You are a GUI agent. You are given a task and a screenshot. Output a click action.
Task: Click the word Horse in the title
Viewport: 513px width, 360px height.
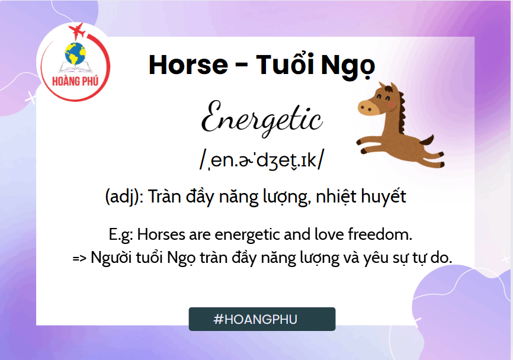pos(188,65)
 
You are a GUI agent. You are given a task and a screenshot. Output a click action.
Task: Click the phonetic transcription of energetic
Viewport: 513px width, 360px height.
pos(261,159)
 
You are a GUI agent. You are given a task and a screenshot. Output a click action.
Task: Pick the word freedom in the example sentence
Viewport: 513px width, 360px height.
pos(380,234)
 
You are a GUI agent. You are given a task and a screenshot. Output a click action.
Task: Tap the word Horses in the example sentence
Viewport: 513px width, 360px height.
pos(161,234)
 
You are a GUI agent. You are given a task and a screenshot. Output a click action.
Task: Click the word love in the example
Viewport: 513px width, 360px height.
pos(329,234)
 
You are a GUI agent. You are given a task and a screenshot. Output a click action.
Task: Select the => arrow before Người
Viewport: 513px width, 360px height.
pos(79,258)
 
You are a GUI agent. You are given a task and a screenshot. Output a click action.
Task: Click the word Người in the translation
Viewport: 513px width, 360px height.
pos(111,258)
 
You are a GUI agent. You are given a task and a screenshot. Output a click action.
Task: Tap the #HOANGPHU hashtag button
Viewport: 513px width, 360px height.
pos(262,319)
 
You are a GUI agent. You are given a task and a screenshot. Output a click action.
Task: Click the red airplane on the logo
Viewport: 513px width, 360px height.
pos(77,31)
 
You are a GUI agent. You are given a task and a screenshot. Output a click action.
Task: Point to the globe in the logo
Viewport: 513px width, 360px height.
pos(75,54)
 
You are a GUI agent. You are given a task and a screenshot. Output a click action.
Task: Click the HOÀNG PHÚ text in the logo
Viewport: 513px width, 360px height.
pos(75,81)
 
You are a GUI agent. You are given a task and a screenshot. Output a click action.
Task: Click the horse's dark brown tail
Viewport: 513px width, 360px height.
pos(427,140)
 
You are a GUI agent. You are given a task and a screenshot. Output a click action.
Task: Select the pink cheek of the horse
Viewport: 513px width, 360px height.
pos(390,104)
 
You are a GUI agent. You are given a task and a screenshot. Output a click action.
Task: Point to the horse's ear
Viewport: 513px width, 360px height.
pos(393,88)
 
